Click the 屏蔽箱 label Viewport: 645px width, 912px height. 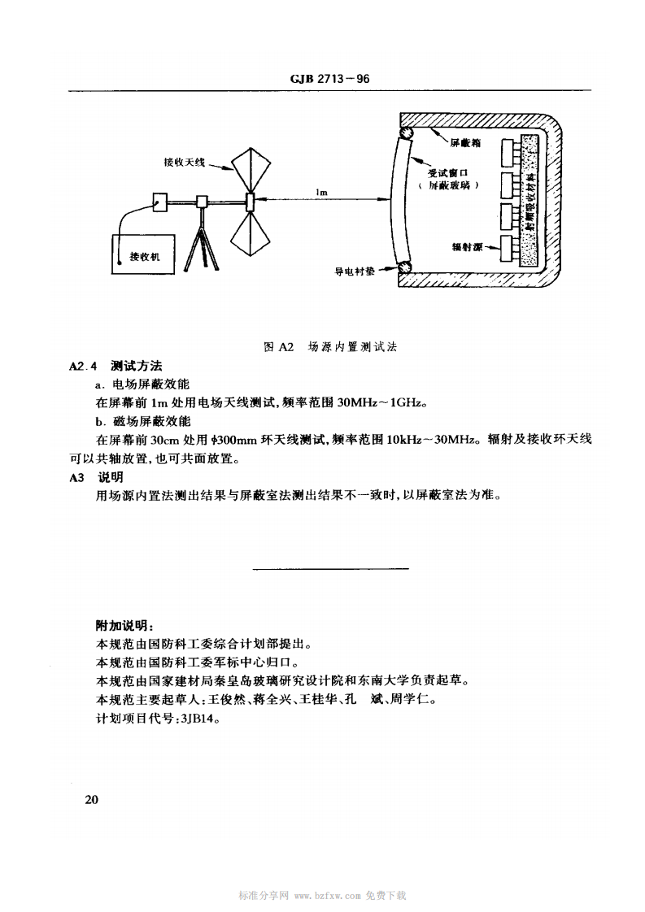(x=466, y=143)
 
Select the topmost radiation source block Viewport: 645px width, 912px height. (x=513, y=150)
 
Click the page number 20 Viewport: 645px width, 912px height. (x=91, y=800)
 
